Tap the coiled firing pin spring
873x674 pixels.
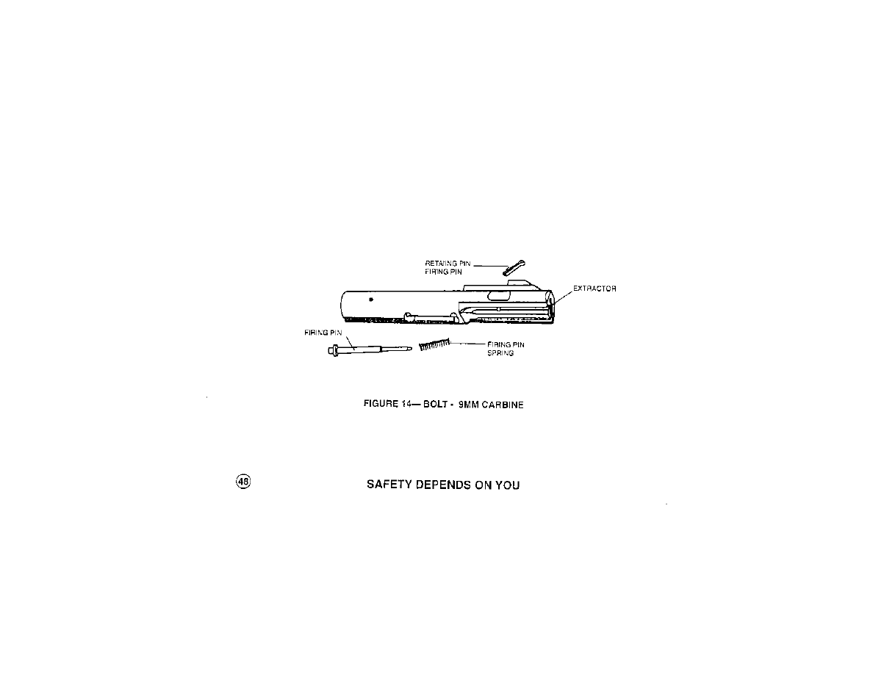[x=434, y=344]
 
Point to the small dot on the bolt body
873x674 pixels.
[x=372, y=299]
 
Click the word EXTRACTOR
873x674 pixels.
[x=594, y=289]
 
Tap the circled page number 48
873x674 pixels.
[x=243, y=482]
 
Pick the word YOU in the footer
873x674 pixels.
[x=507, y=485]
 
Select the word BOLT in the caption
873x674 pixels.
[x=425, y=405]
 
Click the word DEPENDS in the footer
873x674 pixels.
[x=439, y=485]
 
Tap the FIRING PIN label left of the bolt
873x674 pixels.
[x=319, y=333]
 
